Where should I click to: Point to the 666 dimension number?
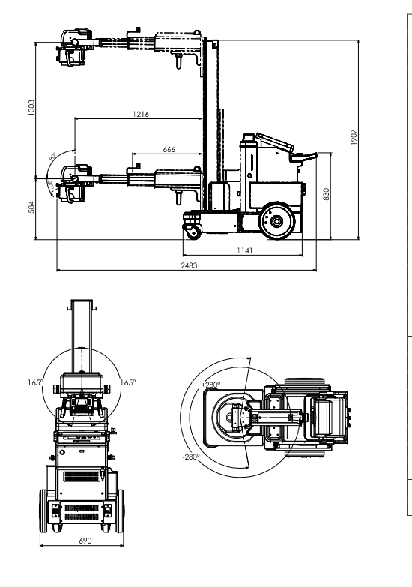tap(169, 150)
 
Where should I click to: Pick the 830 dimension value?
tap(326, 195)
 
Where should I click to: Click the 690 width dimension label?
tap(79, 540)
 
